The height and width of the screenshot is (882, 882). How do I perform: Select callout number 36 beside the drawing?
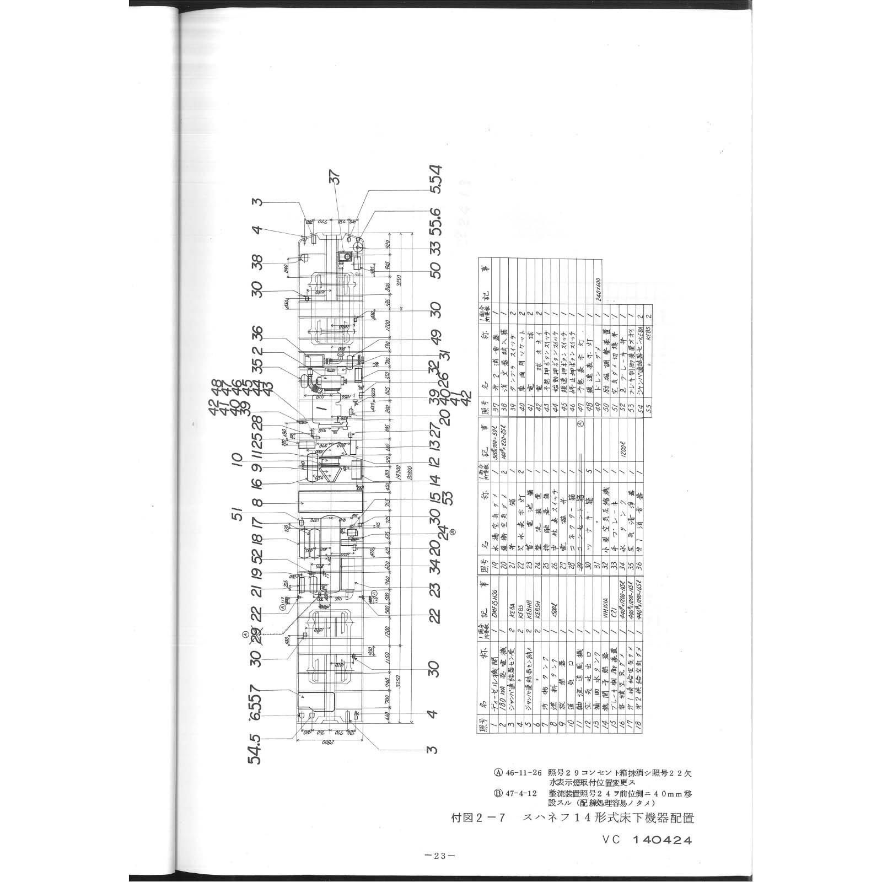point(257,335)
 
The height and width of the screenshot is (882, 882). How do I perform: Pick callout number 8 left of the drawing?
point(257,503)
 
